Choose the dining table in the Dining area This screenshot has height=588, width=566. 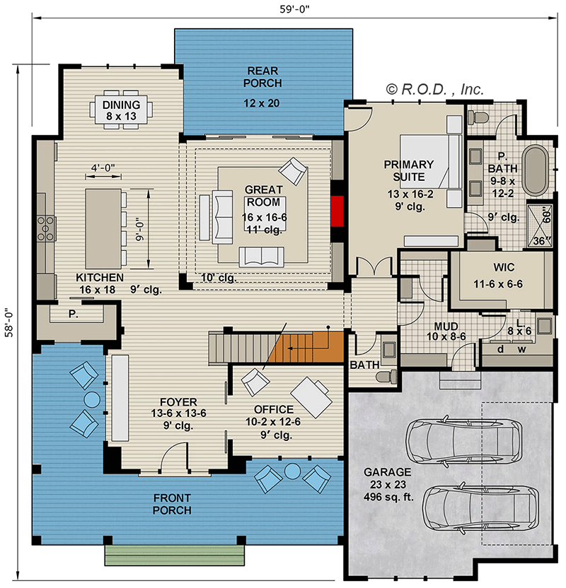pyautogui.click(x=121, y=111)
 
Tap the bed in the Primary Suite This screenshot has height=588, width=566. pyautogui.click(x=432, y=162)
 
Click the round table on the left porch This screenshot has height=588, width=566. pyautogui.click(x=92, y=400)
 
